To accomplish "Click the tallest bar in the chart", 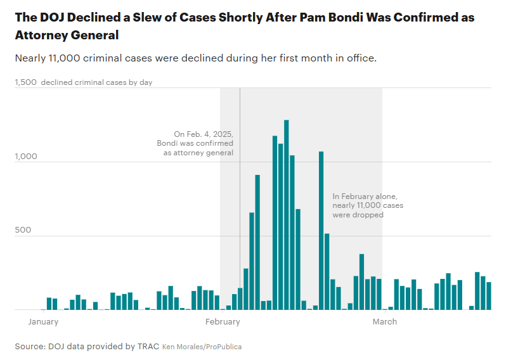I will coord(287,215).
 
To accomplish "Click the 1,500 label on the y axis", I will coord(26,82).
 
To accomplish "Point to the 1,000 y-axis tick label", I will coord(26,157).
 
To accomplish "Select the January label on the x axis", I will coord(43,321).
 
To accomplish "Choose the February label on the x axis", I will coord(223,321).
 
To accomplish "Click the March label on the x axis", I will coord(384,321).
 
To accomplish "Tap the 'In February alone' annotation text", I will coord(368,206).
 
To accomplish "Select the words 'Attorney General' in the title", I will coord(67,35).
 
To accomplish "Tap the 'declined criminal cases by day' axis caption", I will coord(96,82).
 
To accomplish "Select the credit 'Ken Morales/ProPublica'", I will coord(202,347).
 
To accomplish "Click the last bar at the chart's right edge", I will coord(489,296).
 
